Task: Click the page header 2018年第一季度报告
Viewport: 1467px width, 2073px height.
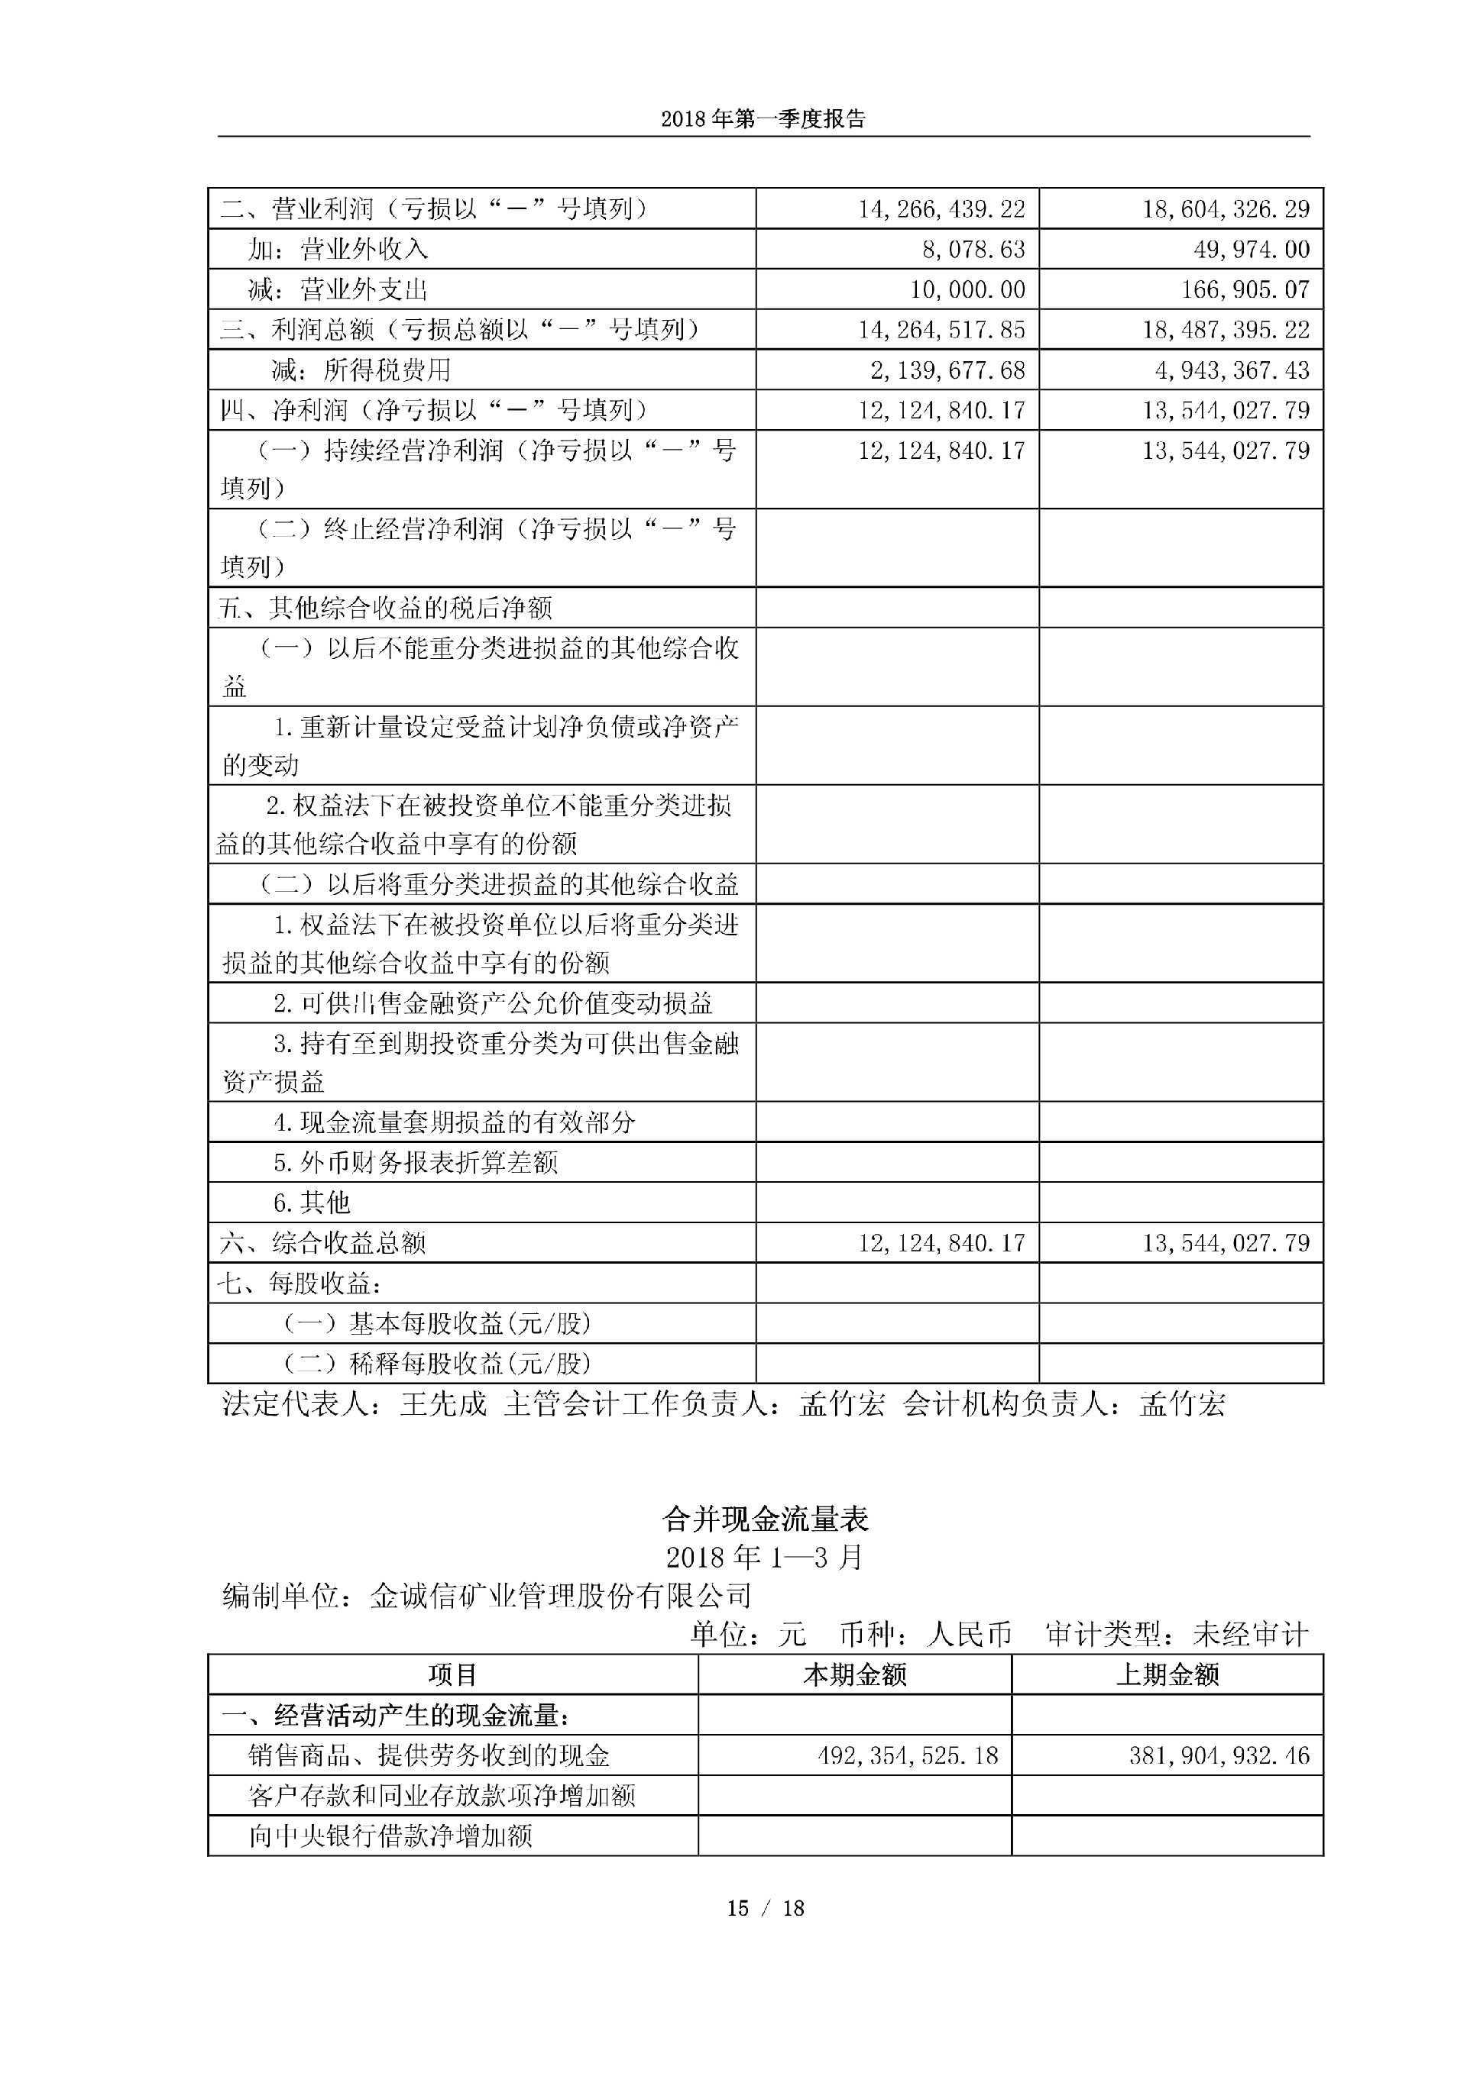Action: pyautogui.click(x=763, y=119)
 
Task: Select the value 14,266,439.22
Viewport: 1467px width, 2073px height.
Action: pyautogui.click(x=941, y=209)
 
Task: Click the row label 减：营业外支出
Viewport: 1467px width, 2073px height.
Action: pyautogui.click(x=337, y=290)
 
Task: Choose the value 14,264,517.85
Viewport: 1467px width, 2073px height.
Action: pyautogui.click(x=941, y=330)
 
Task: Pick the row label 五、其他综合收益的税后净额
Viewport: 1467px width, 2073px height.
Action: pyautogui.click(x=385, y=608)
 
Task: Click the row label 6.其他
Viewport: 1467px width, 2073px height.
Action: pyautogui.click(x=312, y=1203)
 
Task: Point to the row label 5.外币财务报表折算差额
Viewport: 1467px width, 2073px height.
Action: pyautogui.click(x=416, y=1162)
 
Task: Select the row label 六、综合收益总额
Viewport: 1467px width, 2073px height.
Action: pyautogui.click(x=322, y=1243)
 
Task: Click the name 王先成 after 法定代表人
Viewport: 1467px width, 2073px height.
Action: pyautogui.click(x=443, y=1404)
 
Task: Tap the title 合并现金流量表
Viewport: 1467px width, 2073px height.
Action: pyautogui.click(x=765, y=1519)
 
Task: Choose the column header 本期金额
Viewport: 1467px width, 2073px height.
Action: pyautogui.click(x=854, y=1675)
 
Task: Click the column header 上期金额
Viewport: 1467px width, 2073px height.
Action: pyautogui.click(x=1167, y=1675)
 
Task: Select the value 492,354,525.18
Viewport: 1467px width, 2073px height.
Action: pyautogui.click(x=908, y=1755)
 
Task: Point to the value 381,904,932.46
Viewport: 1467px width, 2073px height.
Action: pyautogui.click(x=1219, y=1755)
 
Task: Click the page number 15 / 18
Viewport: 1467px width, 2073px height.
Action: pyautogui.click(x=765, y=1908)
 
